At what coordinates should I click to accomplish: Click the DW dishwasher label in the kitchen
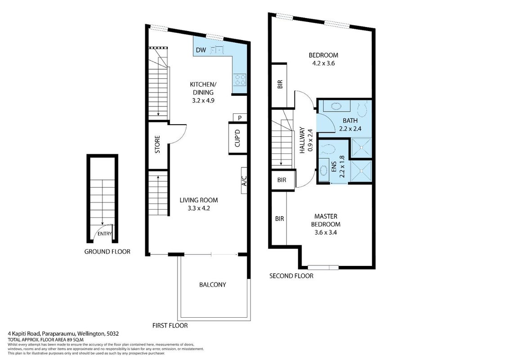[201, 50]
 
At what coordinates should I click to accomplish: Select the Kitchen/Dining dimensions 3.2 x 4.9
[203, 100]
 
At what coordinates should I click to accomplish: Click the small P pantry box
[240, 117]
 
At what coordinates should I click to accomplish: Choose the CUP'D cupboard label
[237, 138]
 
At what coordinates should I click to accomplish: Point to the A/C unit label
[245, 180]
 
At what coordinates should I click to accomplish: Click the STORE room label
[157, 144]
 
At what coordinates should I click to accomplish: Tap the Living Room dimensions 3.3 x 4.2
[199, 208]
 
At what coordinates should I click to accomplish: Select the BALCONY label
[213, 284]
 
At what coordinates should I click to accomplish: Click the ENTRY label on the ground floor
[104, 234]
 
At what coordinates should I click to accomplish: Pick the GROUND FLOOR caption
[107, 252]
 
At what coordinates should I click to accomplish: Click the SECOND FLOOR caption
[291, 276]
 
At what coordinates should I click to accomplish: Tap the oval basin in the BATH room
[336, 106]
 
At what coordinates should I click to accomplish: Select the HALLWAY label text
[302, 140]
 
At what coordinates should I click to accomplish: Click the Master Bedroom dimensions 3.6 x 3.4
[326, 232]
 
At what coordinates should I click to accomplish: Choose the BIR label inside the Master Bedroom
[280, 219]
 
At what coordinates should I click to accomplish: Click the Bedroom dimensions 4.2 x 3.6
[323, 63]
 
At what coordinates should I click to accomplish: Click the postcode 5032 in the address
[113, 334]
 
